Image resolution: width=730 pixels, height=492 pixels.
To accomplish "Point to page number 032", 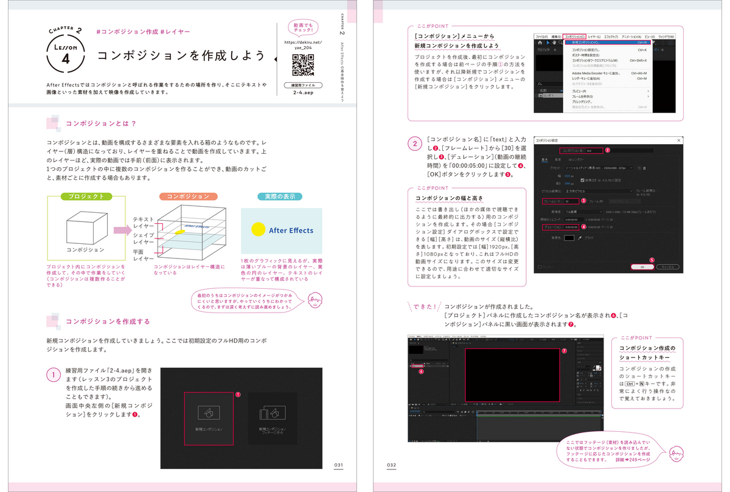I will (391, 465).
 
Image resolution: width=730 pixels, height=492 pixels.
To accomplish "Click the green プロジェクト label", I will (86, 197).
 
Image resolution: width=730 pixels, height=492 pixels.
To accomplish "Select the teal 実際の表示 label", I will (280, 197).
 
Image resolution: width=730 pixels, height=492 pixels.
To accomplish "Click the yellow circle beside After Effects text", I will (259, 229).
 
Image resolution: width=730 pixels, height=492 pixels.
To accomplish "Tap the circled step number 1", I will (54, 375).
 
